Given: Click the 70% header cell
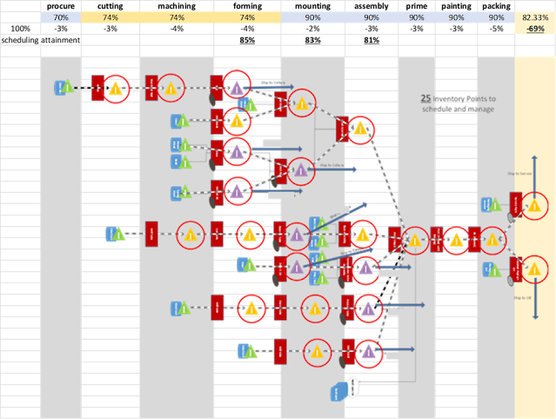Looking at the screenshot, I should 61,17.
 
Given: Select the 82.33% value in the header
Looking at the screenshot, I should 535,17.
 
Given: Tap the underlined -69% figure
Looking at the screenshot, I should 535,29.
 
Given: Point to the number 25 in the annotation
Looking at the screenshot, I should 425,99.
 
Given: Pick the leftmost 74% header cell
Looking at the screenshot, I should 111,17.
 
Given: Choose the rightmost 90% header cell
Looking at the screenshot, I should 496,17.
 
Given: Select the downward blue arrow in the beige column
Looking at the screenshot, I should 533,296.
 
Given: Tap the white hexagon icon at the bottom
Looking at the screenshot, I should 352,387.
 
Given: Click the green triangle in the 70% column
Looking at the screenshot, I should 68,87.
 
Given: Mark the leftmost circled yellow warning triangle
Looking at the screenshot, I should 115,88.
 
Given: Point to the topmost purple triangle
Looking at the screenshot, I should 237,87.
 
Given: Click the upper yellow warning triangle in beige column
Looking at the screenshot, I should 534,206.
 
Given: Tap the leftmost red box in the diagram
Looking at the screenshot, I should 97,87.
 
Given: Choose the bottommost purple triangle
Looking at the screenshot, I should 369,352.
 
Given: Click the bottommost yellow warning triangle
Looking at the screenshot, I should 317,352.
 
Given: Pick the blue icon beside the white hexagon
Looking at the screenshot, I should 338,393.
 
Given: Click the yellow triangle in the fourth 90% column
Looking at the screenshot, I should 456,241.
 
